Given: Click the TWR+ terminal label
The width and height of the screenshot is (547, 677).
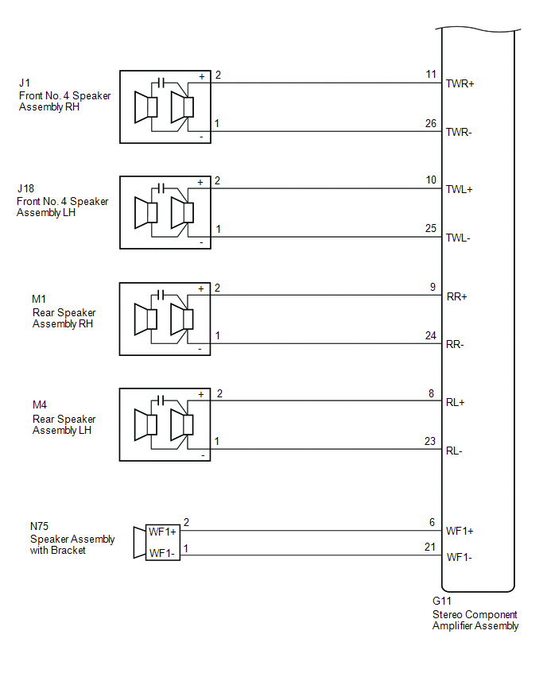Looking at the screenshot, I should pos(460,83).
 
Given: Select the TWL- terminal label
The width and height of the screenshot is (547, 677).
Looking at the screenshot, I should pos(460,238).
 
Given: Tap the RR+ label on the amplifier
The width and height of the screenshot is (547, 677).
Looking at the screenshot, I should pos(456,296).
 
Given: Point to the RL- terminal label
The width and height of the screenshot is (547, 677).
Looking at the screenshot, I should pos(455,451).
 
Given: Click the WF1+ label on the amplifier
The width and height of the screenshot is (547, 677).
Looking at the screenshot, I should pos(460,530).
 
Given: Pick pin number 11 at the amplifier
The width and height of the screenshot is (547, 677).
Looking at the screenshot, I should pos(432,75).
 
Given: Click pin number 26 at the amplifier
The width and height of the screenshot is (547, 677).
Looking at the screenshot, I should pos(431,123).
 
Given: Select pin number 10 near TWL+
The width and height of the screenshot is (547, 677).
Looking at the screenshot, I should pos(431,180).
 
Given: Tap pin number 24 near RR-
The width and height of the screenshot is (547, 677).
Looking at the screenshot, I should pos(431,335).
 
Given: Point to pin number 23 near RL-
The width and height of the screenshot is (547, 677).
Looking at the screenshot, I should pos(431,442).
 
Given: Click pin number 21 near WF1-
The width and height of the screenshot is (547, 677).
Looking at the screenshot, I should pos(431,548).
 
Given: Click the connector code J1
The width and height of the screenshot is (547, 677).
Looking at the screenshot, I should pos(25,83).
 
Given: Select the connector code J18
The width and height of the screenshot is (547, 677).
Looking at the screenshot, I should pos(25,188).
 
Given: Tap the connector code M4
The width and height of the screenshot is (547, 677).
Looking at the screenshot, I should pos(40,406).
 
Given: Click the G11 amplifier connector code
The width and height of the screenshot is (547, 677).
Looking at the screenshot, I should pos(441,602).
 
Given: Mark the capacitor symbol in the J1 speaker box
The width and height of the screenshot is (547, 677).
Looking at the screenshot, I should pos(161,82).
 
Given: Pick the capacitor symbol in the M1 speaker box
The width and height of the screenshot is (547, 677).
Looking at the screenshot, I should pos(161,294).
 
